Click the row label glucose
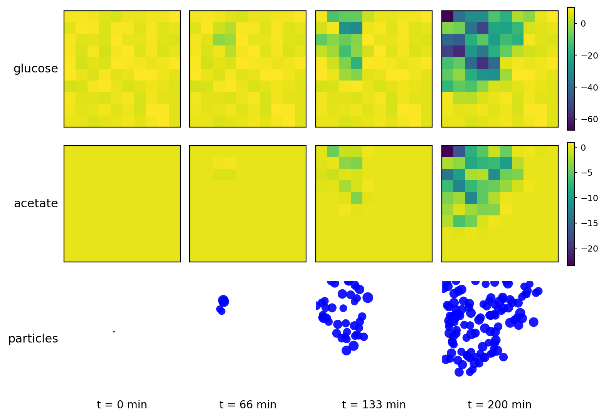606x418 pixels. (x=35, y=69)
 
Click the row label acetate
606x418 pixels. (x=35, y=203)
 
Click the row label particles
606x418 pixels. (x=33, y=339)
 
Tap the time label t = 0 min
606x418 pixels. (x=122, y=405)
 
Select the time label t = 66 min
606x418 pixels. (x=248, y=405)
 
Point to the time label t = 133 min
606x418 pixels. (x=374, y=405)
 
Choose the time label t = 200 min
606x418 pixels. (x=499, y=405)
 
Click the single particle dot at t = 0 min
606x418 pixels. (x=114, y=332)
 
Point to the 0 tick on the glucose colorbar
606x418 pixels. (x=583, y=24)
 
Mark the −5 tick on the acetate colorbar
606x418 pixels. (x=582, y=173)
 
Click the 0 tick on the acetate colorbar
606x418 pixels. (x=583, y=148)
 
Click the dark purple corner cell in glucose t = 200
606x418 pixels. (x=448, y=17)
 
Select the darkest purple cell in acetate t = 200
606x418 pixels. (x=448, y=151)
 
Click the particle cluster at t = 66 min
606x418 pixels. (x=222, y=304)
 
